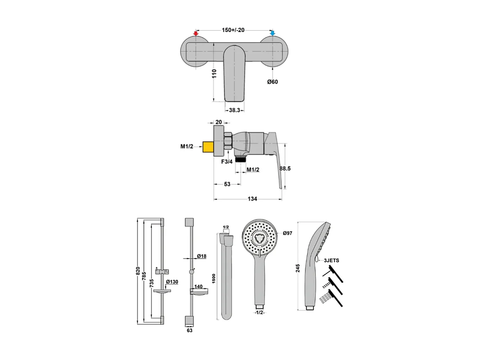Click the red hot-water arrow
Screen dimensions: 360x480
click(196, 33)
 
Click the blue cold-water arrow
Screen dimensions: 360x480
click(273, 33)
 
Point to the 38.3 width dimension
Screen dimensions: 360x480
click(234, 110)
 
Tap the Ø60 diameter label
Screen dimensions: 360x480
click(273, 82)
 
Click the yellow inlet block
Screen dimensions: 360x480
click(208, 147)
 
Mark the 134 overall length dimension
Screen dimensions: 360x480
click(252, 199)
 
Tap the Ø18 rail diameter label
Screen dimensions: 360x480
click(202, 256)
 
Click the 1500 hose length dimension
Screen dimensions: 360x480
click(214, 278)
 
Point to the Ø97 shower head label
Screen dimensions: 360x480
click(288, 233)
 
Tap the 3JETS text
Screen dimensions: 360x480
click(331, 261)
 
